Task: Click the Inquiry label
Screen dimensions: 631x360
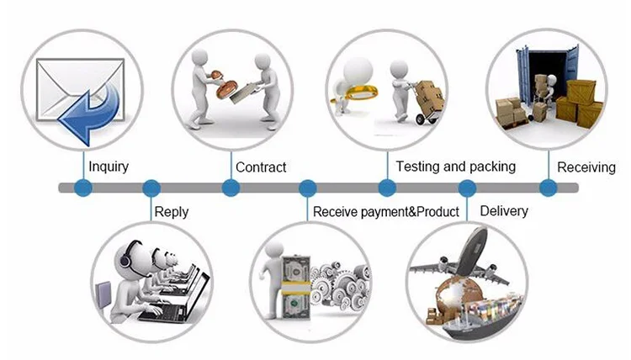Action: pyautogui.click(x=109, y=167)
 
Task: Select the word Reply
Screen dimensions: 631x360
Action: pyautogui.click(x=172, y=212)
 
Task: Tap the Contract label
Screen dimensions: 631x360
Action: pyautogui.click(x=261, y=167)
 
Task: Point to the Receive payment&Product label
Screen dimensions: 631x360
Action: pyautogui.click(x=386, y=212)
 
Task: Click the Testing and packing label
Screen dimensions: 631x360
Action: pyautogui.click(x=455, y=167)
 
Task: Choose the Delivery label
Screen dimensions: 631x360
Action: pyautogui.click(x=503, y=210)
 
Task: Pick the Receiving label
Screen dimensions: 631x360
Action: pyautogui.click(x=586, y=167)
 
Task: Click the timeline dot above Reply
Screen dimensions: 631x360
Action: pyautogui.click(x=151, y=188)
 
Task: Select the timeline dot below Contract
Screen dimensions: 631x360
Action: pyautogui.click(x=230, y=188)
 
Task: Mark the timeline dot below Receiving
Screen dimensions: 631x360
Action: pyautogui.click(x=548, y=188)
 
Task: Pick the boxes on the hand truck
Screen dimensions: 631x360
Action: pyautogui.click(x=430, y=94)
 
